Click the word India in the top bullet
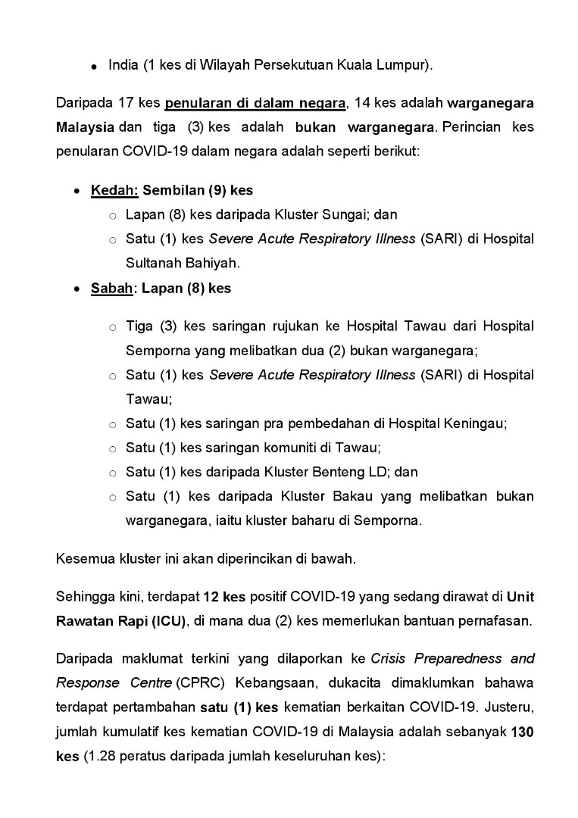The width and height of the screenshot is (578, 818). [123, 65]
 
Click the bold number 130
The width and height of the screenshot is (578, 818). [523, 732]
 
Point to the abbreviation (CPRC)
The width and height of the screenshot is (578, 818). [192, 682]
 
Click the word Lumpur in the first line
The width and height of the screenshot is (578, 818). [405, 65]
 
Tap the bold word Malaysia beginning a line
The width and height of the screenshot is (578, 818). [85, 126]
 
